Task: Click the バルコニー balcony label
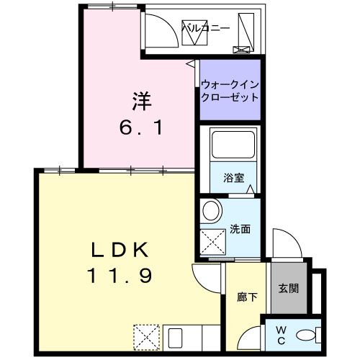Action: point(205,28)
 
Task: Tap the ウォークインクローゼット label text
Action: point(229,90)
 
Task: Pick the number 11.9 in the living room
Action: point(120,276)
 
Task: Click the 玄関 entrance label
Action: point(289,289)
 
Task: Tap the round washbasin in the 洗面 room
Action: point(211,211)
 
